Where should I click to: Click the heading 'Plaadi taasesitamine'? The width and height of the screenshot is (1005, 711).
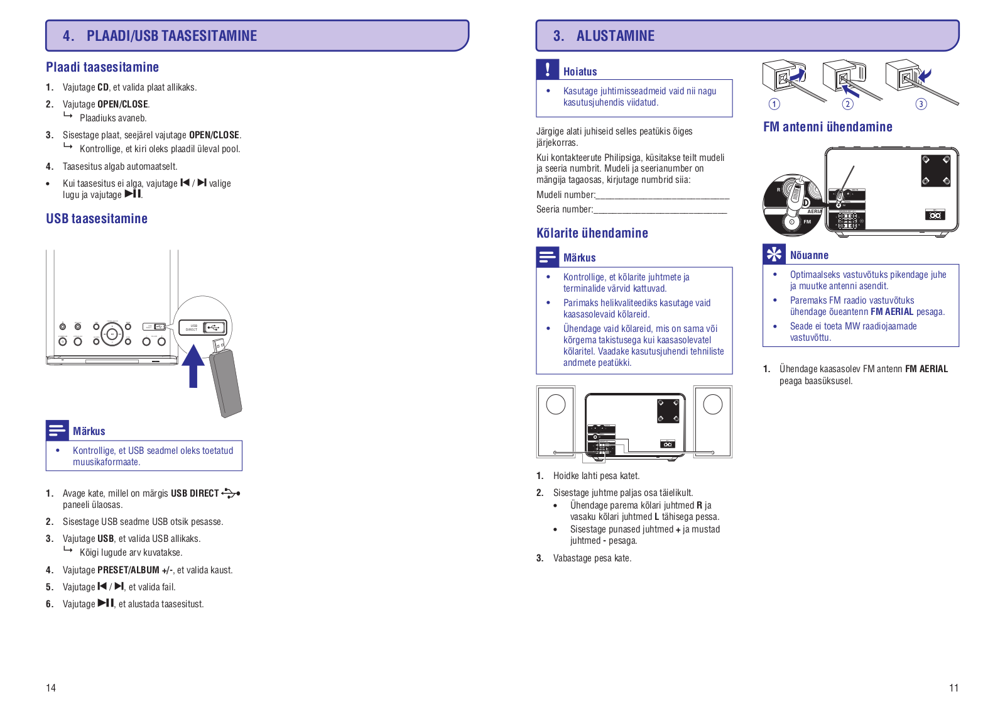pyautogui.click(x=102, y=67)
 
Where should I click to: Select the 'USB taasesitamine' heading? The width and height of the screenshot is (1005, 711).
pyautogui.click(x=97, y=219)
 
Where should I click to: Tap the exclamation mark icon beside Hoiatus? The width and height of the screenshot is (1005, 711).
pyautogui.click(x=547, y=69)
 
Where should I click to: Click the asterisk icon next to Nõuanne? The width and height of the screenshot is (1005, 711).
pyautogui.click(x=774, y=254)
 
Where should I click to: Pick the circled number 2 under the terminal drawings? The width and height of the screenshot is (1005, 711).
pyautogui.click(x=848, y=104)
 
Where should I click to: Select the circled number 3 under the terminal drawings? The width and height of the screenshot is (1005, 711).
pyautogui.click(x=921, y=104)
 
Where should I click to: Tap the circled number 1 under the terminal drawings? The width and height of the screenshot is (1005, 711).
pyautogui.click(x=774, y=104)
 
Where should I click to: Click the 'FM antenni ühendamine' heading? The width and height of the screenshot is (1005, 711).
pyautogui.click(x=827, y=127)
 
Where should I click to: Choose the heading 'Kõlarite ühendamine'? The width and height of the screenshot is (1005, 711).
pyautogui.click(x=592, y=233)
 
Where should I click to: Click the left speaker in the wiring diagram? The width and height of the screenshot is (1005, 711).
pyautogui.click(x=556, y=421)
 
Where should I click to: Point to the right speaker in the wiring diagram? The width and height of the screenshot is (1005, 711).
pyautogui.click(x=713, y=421)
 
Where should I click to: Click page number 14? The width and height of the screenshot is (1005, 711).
pyautogui.click(x=51, y=688)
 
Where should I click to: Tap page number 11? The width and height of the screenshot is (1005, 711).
pyautogui.click(x=953, y=688)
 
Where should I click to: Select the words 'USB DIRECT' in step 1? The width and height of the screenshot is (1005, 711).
pyautogui.click(x=195, y=493)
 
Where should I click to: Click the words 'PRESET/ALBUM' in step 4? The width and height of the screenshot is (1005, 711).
pyautogui.click(x=128, y=570)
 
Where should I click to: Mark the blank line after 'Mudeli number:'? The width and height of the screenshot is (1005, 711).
pyautogui.click(x=662, y=196)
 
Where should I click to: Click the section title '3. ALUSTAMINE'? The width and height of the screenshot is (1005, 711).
pyautogui.click(x=604, y=36)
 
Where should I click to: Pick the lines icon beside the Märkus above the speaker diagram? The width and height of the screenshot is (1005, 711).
pyautogui.click(x=547, y=256)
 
